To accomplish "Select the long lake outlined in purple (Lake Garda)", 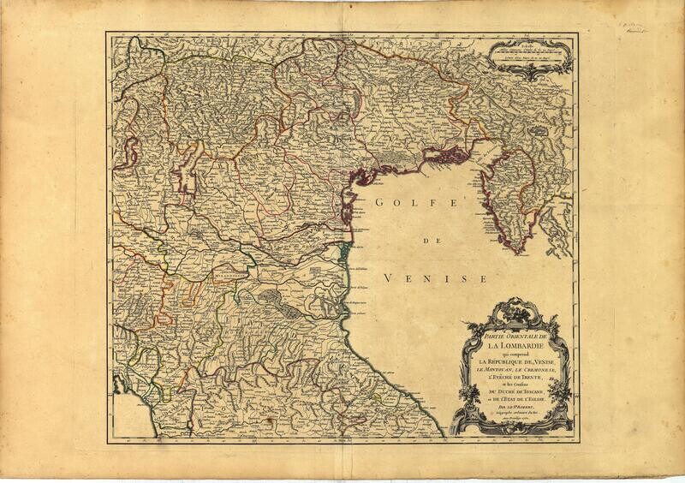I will pyautogui.click(x=188, y=166).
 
